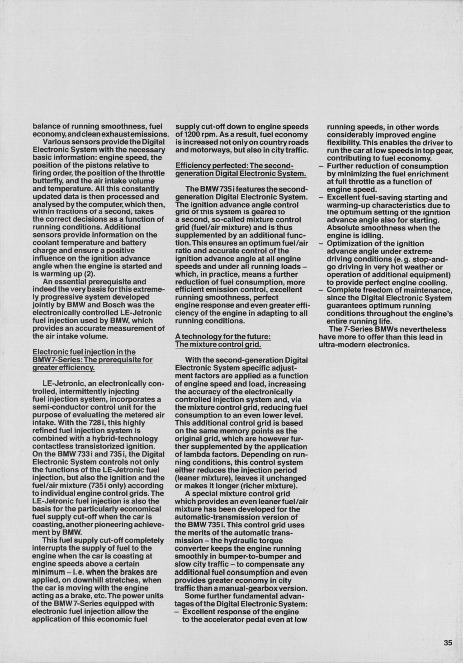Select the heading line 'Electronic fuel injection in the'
pyautogui.click(x=84, y=352)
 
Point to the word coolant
pyautogui.click(x=50, y=242)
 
